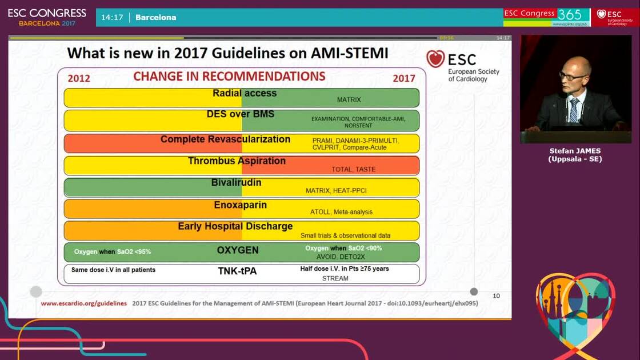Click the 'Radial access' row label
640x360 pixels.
click(245, 93)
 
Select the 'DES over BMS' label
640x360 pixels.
click(240, 114)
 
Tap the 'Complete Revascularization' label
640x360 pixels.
click(225, 139)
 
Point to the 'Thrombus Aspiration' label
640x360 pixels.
click(237, 161)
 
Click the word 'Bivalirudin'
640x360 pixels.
click(237, 183)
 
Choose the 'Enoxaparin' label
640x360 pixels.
click(240, 205)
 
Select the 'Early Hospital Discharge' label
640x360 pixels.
click(235, 226)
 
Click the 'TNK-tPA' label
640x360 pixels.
click(237, 271)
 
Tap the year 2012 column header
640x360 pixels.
click(79, 78)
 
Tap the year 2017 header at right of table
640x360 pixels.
click(403, 78)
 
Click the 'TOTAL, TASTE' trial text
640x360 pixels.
click(353, 170)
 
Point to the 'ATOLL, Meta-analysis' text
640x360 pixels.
click(341, 212)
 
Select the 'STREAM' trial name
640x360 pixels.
click(335, 279)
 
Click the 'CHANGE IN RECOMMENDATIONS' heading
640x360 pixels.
click(229, 77)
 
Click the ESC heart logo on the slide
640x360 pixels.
click(435, 59)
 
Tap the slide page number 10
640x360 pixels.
click(496, 296)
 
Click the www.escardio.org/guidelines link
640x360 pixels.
click(83, 303)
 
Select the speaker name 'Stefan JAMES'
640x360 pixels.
click(575, 151)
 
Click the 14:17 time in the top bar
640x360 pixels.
click(112, 17)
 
